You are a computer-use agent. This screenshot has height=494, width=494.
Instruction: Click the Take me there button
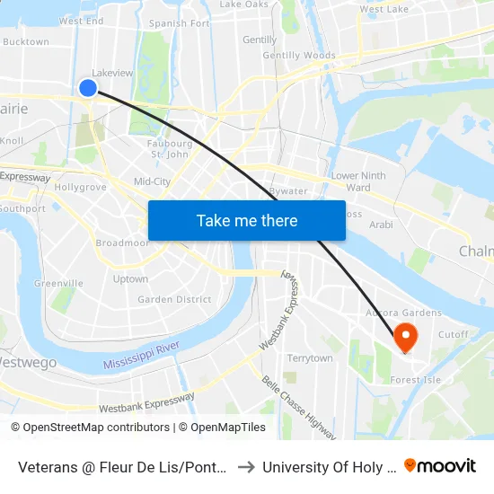246,220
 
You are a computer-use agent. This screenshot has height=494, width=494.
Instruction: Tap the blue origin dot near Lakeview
88,87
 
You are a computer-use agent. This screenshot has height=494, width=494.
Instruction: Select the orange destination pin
406,337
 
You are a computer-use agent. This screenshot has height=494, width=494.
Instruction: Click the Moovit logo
440,465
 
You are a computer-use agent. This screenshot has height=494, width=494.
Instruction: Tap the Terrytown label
309,358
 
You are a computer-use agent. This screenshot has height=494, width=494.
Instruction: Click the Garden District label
174,300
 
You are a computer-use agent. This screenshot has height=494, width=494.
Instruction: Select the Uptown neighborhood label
131,279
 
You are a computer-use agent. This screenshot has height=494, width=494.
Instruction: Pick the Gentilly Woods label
298,56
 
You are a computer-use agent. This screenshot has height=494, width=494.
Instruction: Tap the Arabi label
381,225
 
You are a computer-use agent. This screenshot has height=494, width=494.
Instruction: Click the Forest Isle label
415,380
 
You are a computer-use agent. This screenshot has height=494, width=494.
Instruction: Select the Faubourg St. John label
171,148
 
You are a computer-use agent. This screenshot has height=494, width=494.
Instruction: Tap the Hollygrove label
81,188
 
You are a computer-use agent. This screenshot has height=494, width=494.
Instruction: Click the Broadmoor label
122,243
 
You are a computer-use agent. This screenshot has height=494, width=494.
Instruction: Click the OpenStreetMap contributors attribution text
90,428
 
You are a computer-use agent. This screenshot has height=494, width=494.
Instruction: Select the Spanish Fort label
180,23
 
